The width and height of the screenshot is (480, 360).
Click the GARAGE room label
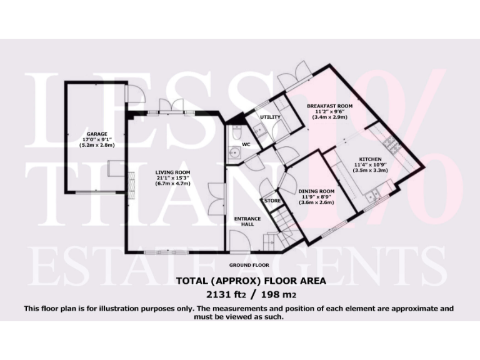point(97,134)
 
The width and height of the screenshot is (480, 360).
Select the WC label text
point(246,144)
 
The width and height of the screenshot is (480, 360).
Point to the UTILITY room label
point(270,117)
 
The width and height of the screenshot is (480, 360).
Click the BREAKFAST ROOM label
point(329,106)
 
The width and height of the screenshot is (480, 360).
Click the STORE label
point(272,201)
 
